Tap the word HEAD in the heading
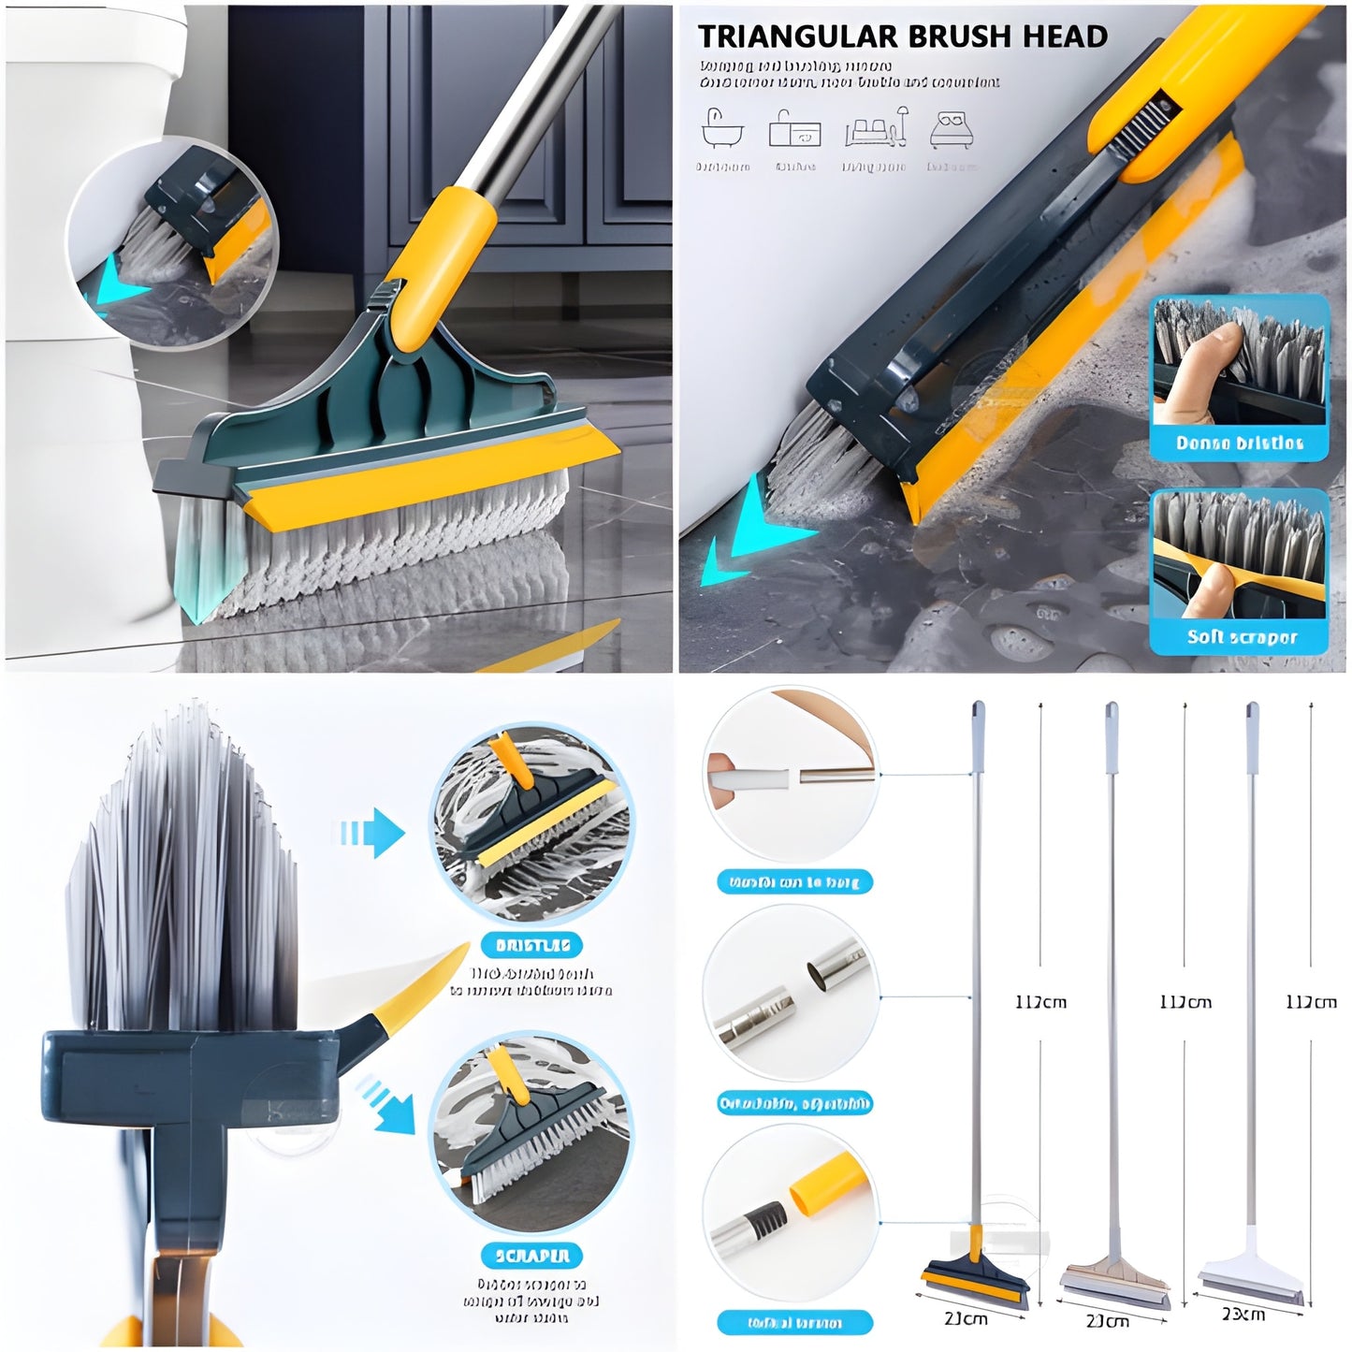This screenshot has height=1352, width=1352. click(x=1065, y=36)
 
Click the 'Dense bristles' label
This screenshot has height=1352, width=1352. click(x=1239, y=443)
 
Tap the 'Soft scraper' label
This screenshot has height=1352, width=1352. click(x=1242, y=637)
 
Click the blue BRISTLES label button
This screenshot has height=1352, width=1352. click(x=532, y=945)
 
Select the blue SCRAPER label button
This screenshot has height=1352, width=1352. click(x=531, y=1256)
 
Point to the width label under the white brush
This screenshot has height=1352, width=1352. click(x=1243, y=1314)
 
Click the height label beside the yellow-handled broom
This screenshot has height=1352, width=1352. click(x=1040, y=1002)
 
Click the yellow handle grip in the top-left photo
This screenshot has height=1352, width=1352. click(x=440, y=263)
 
